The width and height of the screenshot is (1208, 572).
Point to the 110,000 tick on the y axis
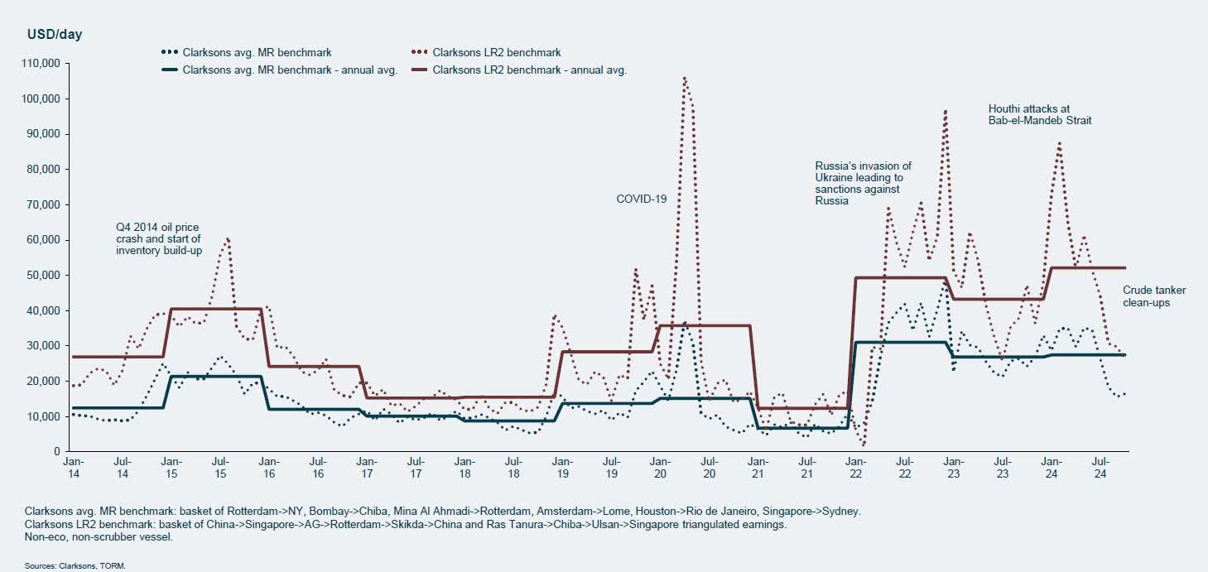36,64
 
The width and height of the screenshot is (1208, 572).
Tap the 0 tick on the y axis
51,451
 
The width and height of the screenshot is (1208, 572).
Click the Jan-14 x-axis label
73,468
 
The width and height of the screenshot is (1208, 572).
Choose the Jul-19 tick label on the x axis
613,468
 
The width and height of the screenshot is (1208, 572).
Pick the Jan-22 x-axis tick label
855,468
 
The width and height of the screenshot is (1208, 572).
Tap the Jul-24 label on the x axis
1100,468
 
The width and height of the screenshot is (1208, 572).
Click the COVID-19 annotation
642,199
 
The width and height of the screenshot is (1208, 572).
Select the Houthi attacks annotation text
1040,114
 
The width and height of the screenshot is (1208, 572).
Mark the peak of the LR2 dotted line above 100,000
685,78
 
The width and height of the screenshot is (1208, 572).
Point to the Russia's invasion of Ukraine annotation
863,183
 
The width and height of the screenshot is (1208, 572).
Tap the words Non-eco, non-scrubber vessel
99,537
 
